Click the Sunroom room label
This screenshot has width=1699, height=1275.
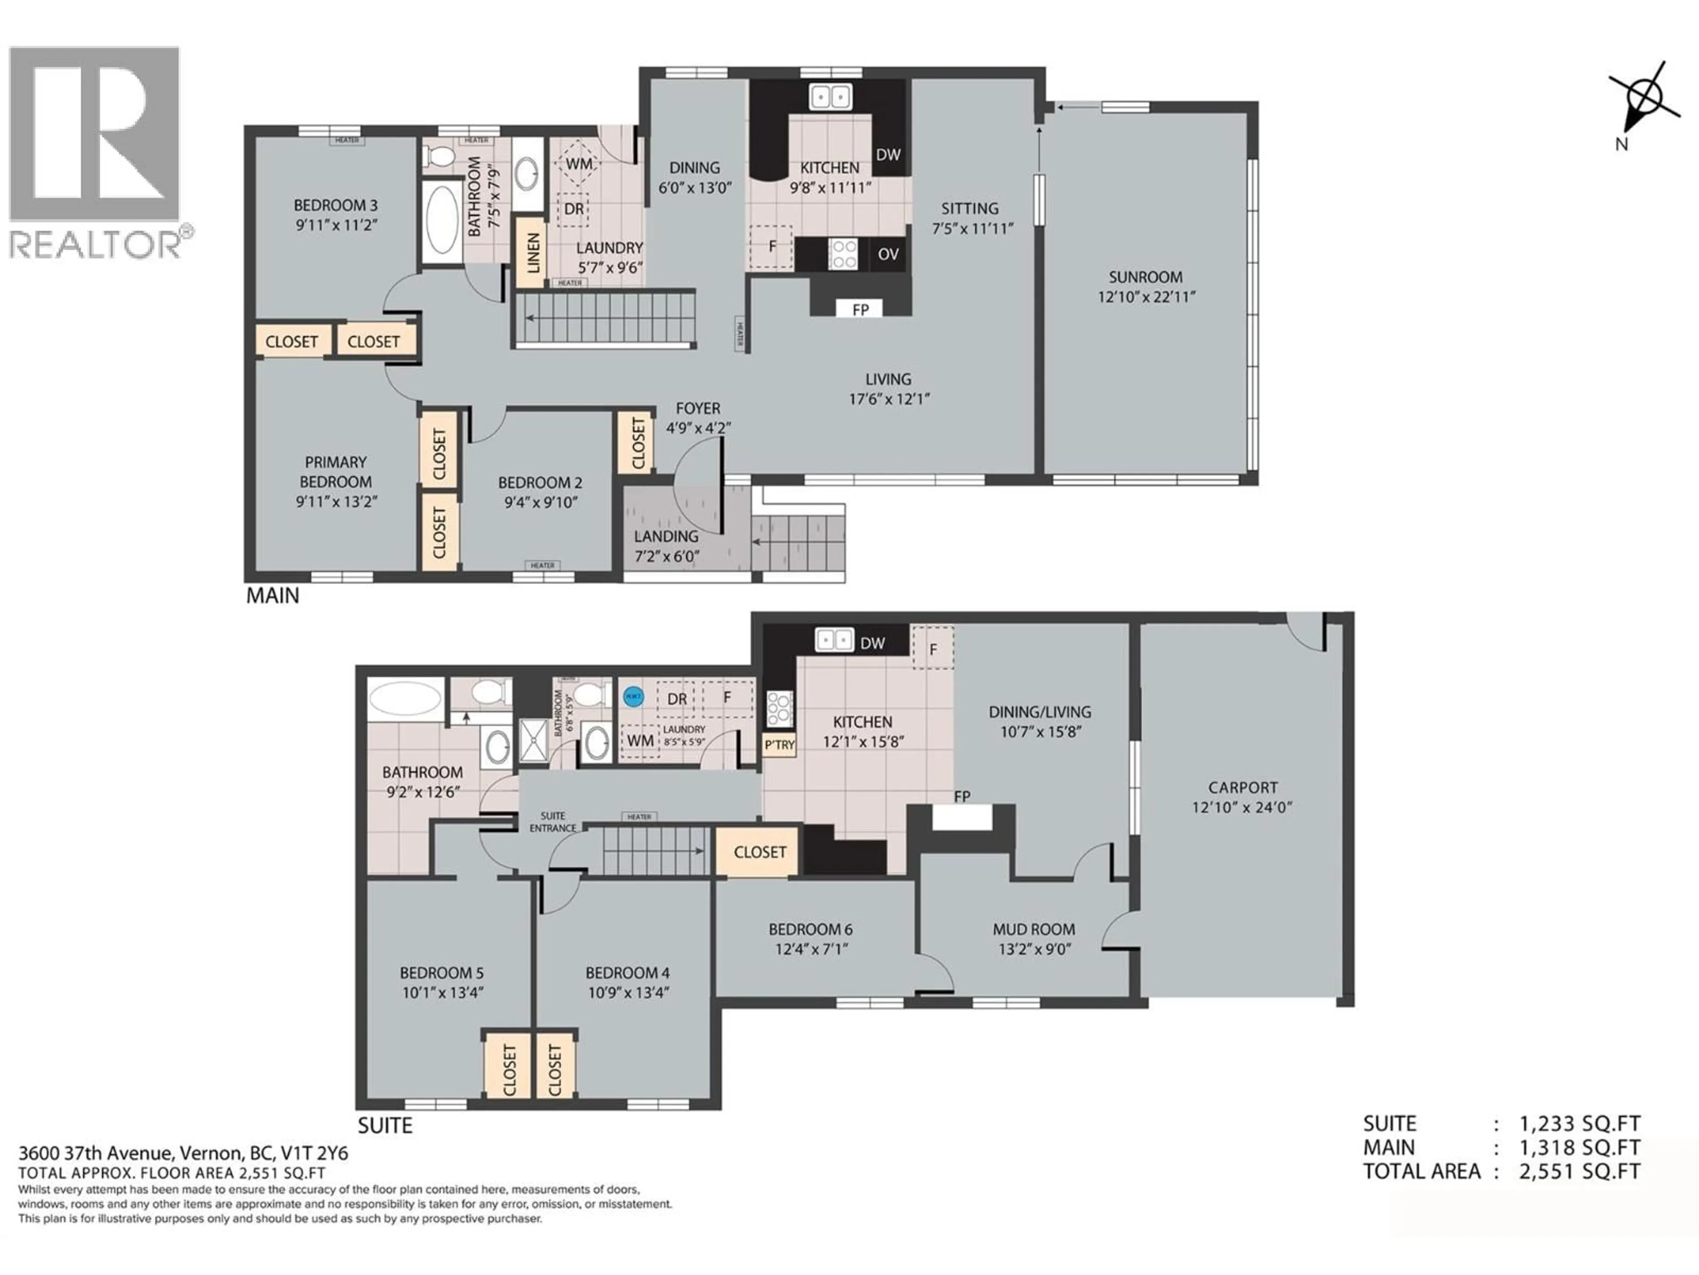1145,277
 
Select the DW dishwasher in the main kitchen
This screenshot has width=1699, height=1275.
888,155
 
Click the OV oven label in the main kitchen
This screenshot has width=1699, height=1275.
888,255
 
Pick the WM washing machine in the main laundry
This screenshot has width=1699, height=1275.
579,164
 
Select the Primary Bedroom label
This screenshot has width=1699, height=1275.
336,472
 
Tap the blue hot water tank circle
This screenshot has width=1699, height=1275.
633,696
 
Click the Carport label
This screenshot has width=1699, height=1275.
1242,787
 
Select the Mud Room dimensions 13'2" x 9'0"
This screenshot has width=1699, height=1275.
1034,949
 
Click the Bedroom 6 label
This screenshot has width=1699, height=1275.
810,929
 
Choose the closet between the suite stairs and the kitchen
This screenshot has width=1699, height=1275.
759,851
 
